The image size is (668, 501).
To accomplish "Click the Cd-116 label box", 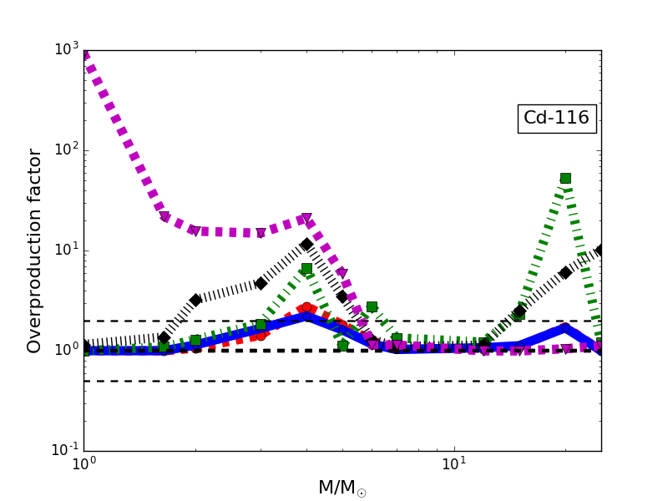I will pos(556,119).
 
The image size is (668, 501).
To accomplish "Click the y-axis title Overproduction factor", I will pos(35,250).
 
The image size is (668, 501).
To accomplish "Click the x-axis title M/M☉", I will pos(342,488).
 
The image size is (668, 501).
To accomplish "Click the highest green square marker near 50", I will pos(565,178).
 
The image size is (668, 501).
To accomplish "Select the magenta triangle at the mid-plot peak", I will pos(306,218).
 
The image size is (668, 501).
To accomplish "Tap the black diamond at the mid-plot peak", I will pos(306,245).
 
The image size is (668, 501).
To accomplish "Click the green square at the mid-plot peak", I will pos(306,269).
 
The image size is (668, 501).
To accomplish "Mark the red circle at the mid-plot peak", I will pos(306,308).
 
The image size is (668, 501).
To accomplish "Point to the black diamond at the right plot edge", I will pos(600,250).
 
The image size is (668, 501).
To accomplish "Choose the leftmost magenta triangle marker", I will pos(164,217).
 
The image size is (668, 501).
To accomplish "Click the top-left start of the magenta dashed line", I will pos(85,55).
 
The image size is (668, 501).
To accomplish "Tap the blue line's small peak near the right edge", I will pos(565,328).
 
